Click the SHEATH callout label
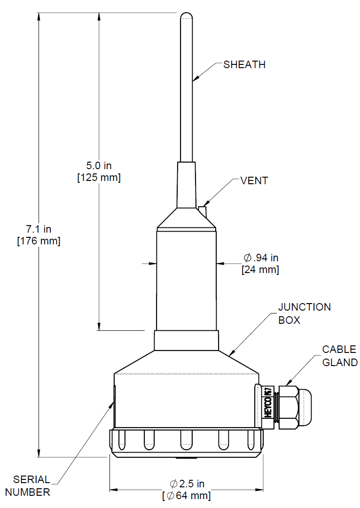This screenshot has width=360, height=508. (x=244, y=65)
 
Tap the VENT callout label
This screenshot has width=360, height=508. (x=254, y=181)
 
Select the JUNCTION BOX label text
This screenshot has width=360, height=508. (x=304, y=313)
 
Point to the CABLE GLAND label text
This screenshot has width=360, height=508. (x=339, y=356)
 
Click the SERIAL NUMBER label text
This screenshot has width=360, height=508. (x=31, y=486)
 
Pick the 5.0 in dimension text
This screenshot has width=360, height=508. (x=99, y=166)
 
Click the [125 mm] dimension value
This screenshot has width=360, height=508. (x=99, y=178)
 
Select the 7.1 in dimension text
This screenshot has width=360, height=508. (x=39, y=229)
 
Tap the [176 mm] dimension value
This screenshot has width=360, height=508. (x=39, y=241)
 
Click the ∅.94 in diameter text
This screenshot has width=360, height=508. (x=261, y=258)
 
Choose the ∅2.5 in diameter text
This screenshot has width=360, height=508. (x=187, y=484)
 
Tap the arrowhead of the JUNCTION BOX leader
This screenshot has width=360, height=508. (x=230, y=353)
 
